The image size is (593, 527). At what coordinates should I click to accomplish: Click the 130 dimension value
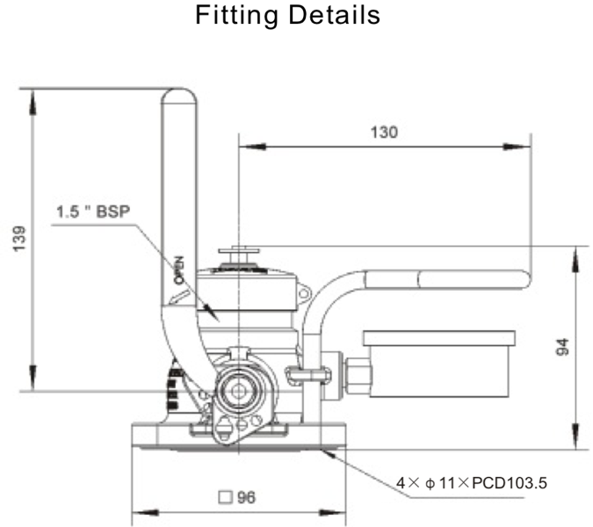click(383, 133)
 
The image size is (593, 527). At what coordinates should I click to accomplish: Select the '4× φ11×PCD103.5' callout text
click(472, 483)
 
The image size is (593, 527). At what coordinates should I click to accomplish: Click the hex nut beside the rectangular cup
click(358, 375)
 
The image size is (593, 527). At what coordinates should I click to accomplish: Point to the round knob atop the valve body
click(238, 256)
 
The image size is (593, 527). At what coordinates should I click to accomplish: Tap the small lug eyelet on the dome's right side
click(304, 292)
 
